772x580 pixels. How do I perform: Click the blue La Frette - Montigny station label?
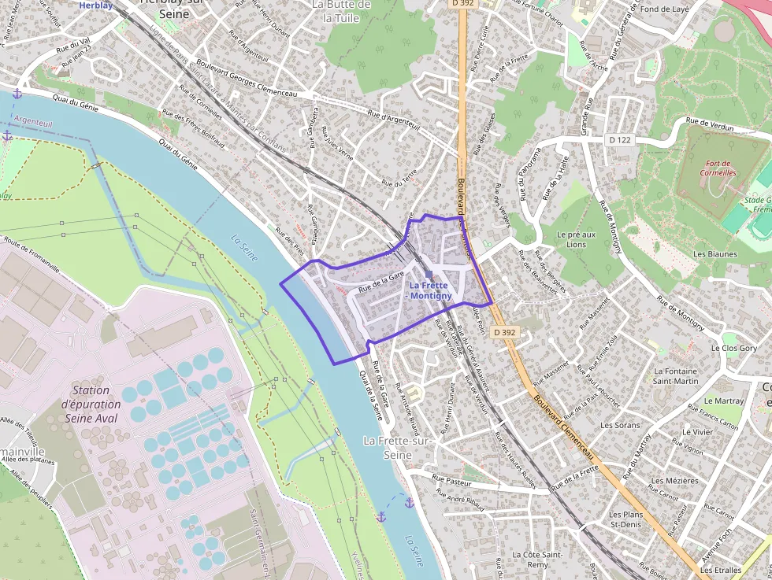coord(430,290)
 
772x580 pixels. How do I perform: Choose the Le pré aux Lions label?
coord(576,239)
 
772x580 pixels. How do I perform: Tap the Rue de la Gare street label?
coord(381,283)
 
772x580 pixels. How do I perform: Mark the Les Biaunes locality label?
coord(715,254)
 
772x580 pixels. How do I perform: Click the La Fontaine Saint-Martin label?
coord(676,376)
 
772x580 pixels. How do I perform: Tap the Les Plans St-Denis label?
coord(625,519)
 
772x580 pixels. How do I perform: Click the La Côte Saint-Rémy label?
coord(536,560)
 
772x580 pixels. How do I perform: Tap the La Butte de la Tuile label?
coord(341,11)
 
